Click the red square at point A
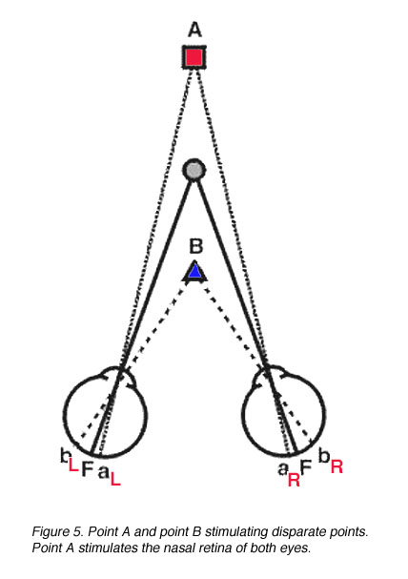(x=194, y=57)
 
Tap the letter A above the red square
(x=194, y=30)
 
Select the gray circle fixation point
(x=194, y=170)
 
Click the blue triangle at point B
(x=194, y=272)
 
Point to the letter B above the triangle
(x=195, y=246)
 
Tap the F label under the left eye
(x=88, y=469)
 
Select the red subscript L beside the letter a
(x=115, y=479)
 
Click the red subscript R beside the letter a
(x=294, y=480)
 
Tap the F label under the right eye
(x=306, y=466)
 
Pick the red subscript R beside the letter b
(x=337, y=467)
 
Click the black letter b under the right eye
(x=324, y=457)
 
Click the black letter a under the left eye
(x=104, y=471)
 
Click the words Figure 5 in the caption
(x=58, y=531)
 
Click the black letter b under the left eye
(x=64, y=455)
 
